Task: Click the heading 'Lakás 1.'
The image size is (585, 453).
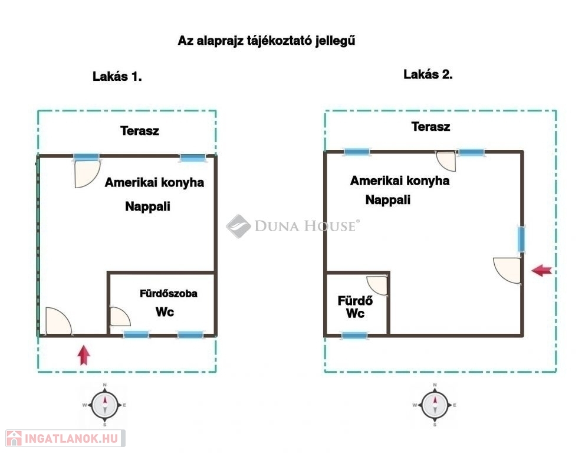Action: [x=117, y=76]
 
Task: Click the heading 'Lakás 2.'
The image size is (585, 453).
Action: [x=428, y=74]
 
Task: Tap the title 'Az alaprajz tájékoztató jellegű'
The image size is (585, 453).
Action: [x=267, y=41]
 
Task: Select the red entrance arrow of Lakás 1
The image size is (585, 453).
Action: [x=84, y=355]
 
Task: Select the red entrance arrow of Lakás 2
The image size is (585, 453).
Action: [x=541, y=271]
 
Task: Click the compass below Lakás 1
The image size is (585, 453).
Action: [x=104, y=405]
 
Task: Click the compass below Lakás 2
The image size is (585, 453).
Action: [x=435, y=405]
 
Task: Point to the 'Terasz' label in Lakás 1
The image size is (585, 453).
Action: [x=139, y=131]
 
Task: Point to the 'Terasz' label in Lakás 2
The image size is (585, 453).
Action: [x=430, y=126]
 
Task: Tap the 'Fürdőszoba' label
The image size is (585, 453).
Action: [x=168, y=293]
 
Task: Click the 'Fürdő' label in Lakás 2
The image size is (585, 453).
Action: [x=351, y=300]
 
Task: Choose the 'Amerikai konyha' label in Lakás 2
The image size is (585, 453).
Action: [x=399, y=180]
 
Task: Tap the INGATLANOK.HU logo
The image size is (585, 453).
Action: [x=63, y=438]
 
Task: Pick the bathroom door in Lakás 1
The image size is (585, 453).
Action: [x=120, y=317]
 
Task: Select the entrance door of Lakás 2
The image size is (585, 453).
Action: [x=508, y=270]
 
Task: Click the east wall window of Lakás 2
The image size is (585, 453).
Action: [x=521, y=239]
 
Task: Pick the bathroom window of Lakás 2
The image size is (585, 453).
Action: [x=354, y=336]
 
